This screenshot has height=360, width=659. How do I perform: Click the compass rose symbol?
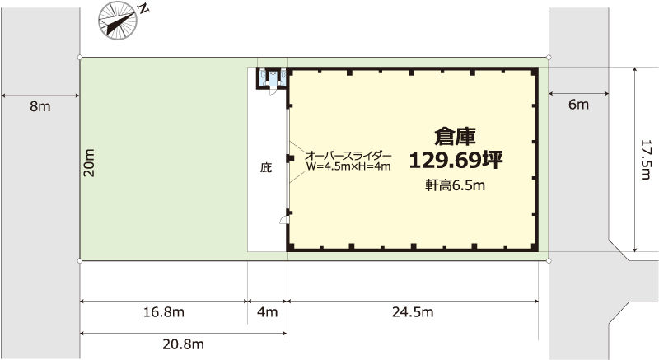tap(118, 20)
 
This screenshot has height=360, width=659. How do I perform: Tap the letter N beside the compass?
tap(144, 9)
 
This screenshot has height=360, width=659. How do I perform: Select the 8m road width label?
tap(40, 107)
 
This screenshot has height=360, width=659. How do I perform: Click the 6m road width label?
tap(579, 105)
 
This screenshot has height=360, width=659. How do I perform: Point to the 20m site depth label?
tap(89, 162)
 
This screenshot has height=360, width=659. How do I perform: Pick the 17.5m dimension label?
tap(646, 160)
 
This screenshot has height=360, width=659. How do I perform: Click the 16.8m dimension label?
tap(164, 312)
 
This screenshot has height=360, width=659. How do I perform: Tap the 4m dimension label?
tap(267, 312)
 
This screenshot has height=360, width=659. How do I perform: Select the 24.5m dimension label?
tap(413, 312)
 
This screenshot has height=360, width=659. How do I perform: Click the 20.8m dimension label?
tap(183, 344)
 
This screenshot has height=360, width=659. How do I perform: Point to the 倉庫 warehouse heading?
tap(456, 136)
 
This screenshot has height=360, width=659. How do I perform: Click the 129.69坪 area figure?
tap(456, 160)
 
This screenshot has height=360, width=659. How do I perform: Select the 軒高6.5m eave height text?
tap(456, 185)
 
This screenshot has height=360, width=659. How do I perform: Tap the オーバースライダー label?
tap(348, 156)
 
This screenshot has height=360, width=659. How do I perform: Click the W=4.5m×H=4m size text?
tap(348, 166)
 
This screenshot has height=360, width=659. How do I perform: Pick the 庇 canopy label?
tap(266, 168)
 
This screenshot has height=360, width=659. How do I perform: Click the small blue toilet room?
tap(273, 77)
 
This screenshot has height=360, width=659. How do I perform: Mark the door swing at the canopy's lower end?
tap(283, 220)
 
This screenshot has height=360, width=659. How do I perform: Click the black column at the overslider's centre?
tap(289, 158)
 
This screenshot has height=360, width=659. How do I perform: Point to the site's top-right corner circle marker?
tap(549, 57)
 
